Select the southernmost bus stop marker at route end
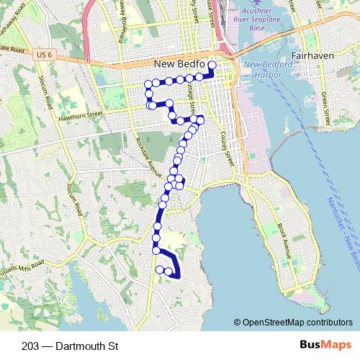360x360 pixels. click(169, 271)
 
